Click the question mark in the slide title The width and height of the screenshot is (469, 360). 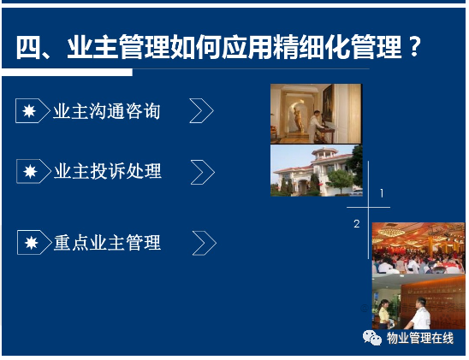tap(414, 47)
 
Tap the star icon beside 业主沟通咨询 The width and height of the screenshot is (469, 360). tap(29, 111)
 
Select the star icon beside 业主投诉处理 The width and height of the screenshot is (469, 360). tap(31, 172)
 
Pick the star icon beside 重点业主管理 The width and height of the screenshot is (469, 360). tap(32, 243)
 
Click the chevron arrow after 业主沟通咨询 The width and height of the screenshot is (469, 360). tap(202, 111)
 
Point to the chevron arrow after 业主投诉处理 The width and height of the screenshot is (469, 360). tap(203, 172)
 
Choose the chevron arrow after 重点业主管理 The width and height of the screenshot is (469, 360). tap(205, 243)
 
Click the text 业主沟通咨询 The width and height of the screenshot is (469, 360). tap(106, 111)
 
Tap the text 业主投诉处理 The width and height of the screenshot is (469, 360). tap(108, 172)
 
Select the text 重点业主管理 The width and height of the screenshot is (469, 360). tap(108, 243)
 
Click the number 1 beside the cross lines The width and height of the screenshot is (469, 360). tap(382, 193)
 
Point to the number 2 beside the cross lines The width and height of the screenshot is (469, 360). tap(357, 224)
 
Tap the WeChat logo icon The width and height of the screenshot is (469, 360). tap(372, 338)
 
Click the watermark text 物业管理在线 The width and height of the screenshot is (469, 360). tap(420, 338)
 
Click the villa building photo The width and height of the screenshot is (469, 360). tap(317, 170)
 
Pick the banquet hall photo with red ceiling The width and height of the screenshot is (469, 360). tap(419, 248)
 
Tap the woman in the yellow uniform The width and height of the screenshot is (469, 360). tap(383, 315)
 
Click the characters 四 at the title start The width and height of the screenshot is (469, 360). tap(28, 47)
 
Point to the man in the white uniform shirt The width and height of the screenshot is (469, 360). tap(420, 313)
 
